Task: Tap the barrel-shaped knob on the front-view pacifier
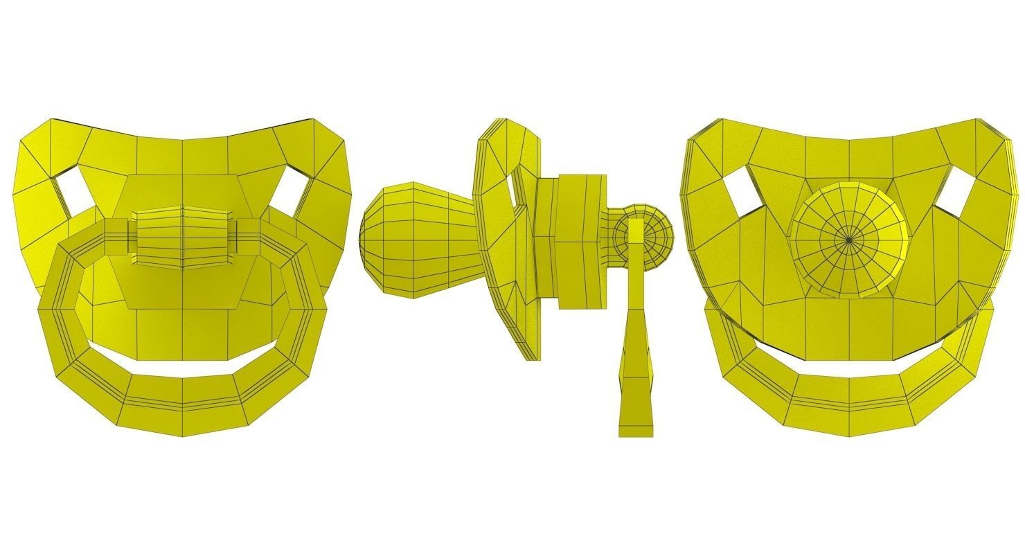click(x=184, y=238)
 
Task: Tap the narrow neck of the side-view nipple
click(x=461, y=239)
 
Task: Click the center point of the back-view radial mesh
click(x=850, y=240)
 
